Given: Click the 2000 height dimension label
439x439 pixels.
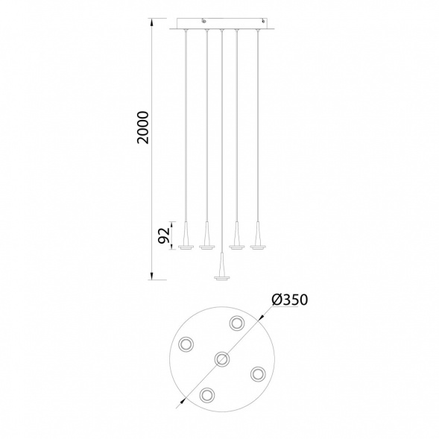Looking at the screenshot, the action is click(143, 127).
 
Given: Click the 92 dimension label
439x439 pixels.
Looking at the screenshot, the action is click(164, 236).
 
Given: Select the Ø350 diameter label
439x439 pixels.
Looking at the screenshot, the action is click(290, 300).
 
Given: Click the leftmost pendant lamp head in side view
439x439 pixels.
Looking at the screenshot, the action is click(186, 236).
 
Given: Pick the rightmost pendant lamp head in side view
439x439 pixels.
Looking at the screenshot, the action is click(258, 236).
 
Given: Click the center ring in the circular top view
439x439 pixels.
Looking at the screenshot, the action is click(222, 359).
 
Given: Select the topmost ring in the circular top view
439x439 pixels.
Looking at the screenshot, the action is click(237, 323).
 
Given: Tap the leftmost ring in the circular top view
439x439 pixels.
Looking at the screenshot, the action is click(186, 344).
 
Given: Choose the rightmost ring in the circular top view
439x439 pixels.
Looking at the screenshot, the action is click(258, 373).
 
